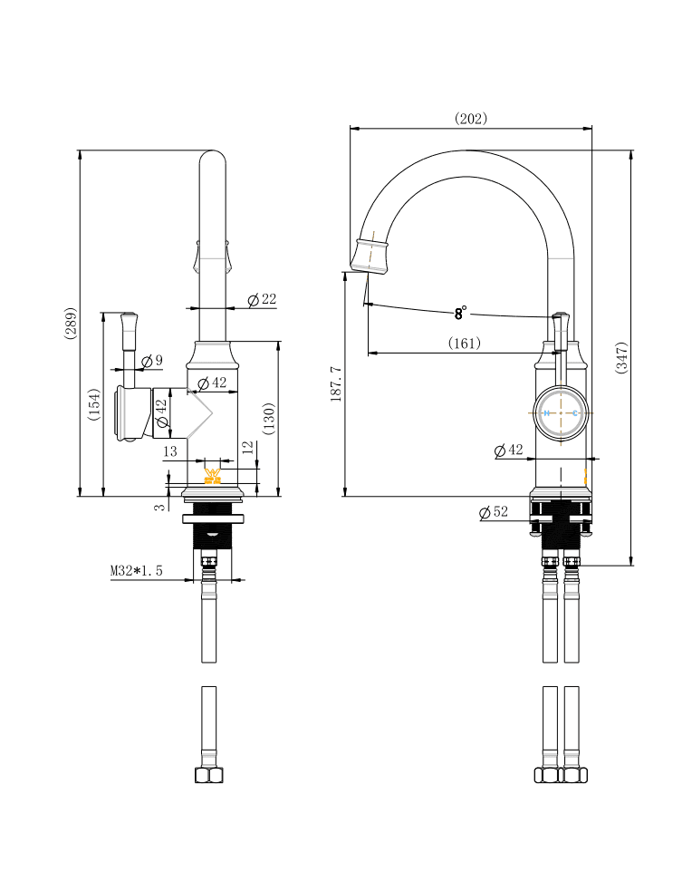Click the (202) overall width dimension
point(471,118)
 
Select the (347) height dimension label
point(621,358)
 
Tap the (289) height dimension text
point(71,324)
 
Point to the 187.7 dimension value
point(335,384)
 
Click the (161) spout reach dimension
point(465,343)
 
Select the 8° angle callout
point(461,314)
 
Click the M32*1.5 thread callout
point(136,570)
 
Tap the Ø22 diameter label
point(262,299)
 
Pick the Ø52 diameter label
point(494,512)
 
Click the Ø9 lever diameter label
point(152,361)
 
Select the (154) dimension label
point(93,404)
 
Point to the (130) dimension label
point(268,419)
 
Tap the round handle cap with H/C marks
point(561,413)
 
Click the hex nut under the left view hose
point(208,775)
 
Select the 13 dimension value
point(170,451)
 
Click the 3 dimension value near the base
point(160,507)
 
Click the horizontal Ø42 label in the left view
point(212,383)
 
